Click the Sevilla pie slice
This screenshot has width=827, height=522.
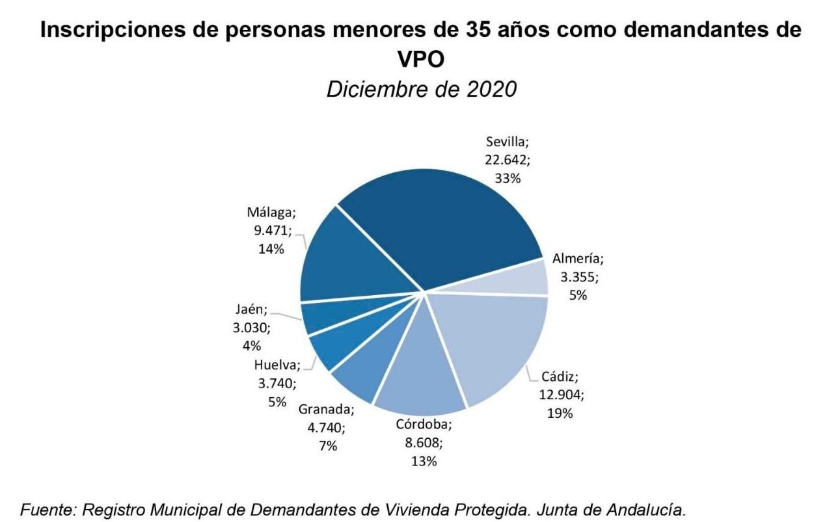pos(449,221)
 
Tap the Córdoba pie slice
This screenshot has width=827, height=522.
pos(423,371)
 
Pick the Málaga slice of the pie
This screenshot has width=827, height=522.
pos(358,260)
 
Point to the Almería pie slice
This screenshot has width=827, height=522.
pos(521,278)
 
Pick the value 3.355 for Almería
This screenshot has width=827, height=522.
pos(578,277)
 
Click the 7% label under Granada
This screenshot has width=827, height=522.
pos(327,446)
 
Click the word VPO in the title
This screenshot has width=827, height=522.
pos(421,60)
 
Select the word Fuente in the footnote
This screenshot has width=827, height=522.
pos(47,510)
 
